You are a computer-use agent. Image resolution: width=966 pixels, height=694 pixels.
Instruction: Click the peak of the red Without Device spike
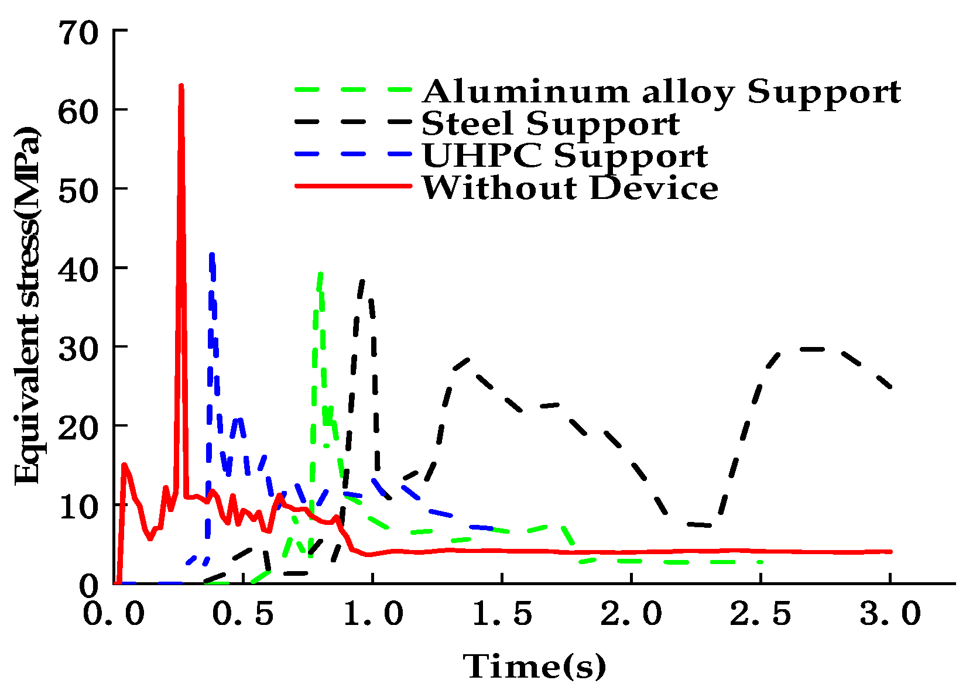click(181, 86)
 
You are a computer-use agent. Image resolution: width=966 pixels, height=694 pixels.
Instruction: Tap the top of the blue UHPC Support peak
click(212, 254)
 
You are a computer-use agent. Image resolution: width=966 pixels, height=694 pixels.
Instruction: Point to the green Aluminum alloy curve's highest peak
click(320, 274)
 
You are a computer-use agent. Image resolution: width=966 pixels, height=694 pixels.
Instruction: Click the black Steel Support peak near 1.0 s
click(363, 281)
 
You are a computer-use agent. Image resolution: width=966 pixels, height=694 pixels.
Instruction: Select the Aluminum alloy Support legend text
click(662, 92)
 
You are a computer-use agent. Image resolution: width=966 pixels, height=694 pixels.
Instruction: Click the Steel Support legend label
click(550, 123)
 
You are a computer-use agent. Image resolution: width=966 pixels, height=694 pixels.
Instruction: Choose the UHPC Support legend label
click(565, 156)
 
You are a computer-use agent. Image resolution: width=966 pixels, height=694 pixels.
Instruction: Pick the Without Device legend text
click(570, 188)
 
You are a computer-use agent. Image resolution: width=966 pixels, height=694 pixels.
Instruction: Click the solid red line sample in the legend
click(353, 186)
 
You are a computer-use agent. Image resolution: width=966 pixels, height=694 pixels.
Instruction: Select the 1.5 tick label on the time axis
click(502, 614)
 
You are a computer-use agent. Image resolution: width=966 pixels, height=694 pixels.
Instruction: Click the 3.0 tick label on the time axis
click(890, 614)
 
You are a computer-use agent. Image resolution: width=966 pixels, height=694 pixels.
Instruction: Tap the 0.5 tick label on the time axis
click(243, 614)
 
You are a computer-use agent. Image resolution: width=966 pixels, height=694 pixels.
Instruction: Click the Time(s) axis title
click(535, 666)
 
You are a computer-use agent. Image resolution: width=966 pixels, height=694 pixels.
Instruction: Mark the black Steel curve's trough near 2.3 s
click(708, 525)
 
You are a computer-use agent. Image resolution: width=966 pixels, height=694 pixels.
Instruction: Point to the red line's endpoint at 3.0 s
click(890, 552)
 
